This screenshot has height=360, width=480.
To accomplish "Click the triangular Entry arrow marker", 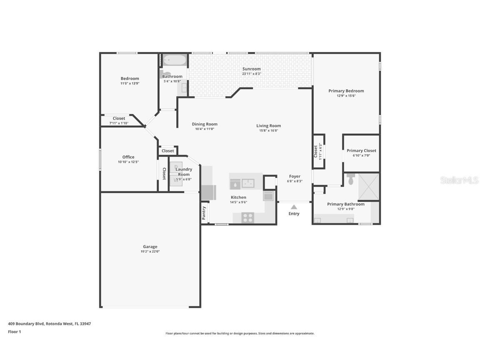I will pos(294,207).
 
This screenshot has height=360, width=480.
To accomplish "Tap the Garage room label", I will pos(150,247).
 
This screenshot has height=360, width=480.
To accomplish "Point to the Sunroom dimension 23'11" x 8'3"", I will pos(252,74).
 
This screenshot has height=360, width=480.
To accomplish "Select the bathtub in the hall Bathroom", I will pos(174,60).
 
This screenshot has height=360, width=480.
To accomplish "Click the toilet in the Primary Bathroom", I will pos(350,180).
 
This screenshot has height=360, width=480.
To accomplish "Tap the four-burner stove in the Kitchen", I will pos(248,217).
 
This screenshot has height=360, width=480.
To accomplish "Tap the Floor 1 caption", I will pos(14,332).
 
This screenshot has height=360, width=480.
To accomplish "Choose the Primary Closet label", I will pos(361,151).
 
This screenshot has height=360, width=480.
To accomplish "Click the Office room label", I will pos(128,157).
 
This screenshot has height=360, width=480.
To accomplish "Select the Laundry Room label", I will pos(184,172).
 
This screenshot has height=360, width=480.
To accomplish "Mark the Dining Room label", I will pos(205,124).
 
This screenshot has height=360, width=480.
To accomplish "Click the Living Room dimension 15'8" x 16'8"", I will pos(268,130).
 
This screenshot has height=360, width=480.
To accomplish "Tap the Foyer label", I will pos(295,176).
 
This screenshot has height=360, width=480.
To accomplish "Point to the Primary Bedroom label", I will pos(346,91).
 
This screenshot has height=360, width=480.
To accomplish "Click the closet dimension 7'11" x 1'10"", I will pos(119,123).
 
